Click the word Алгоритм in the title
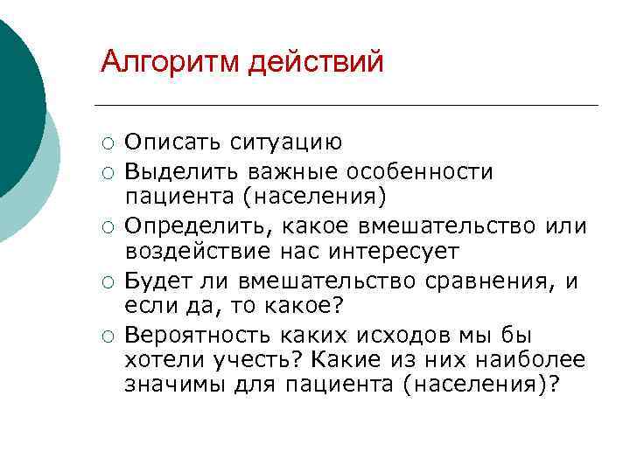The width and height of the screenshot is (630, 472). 171,62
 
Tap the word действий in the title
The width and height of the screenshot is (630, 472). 317,62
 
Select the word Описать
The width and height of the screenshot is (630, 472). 172,142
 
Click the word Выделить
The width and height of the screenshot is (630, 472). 178,170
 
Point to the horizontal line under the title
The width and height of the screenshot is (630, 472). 350,106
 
